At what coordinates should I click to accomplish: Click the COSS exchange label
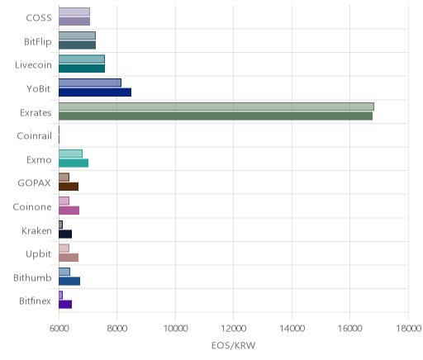pyautogui.click(x=39, y=18)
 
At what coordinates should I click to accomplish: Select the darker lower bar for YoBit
pyautogui.click(x=95, y=92)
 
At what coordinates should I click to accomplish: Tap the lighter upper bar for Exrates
pyautogui.click(x=216, y=107)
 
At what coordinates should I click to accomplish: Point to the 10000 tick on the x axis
pyautogui.click(x=175, y=329)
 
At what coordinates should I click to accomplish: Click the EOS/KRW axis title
pyautogui.click(x=233, y=345)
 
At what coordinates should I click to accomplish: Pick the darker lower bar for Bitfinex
pyautogui.click(x=65, y=305)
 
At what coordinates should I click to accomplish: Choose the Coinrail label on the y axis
pyautogui.click(x=35, y=136)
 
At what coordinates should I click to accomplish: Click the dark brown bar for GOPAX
pyautogui.click(x=69, y=187)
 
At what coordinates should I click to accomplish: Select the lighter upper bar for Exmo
pyautogui.click(x=70, y=154)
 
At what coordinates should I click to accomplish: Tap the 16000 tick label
pyautogui.click(x=350, y=329)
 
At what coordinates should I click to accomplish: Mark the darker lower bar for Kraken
pyautogui.click(x=65, y=234)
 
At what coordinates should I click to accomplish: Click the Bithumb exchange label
pyautogui.click(x=32, y=277)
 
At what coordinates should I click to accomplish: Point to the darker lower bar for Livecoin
pyautogui.click(x=82, y=69)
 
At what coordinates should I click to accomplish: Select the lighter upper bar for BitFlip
pyautogui.click(x=77, y=36)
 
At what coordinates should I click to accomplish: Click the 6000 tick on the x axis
pyautogui.click(x=59, y=329)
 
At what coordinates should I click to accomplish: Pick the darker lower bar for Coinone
pyautogui.click(x=69, y=211)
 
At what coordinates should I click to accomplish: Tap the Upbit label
pyautogui.click(x=39, y=254)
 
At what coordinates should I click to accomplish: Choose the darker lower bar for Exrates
pyautogui.click(x=216, y=116)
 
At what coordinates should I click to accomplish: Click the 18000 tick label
pyautogui.click(x=408, y=329)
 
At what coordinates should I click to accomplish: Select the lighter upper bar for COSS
pyautogui.click(x=74, y=12)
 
